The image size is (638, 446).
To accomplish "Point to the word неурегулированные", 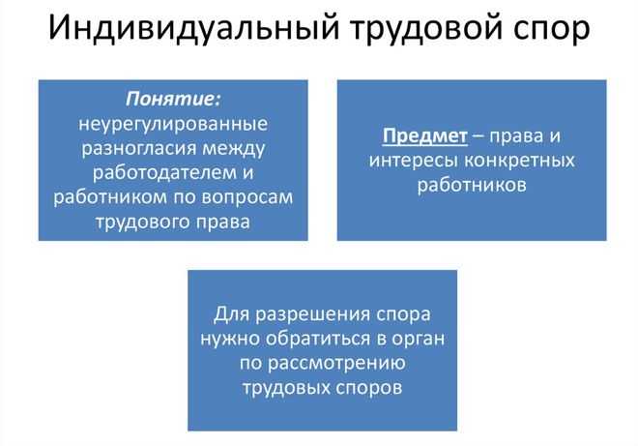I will [173, 125].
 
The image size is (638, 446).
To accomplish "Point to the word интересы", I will [408, 160].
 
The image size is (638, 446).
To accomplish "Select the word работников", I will [472, 184].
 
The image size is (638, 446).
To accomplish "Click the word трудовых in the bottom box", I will [281, 388].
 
